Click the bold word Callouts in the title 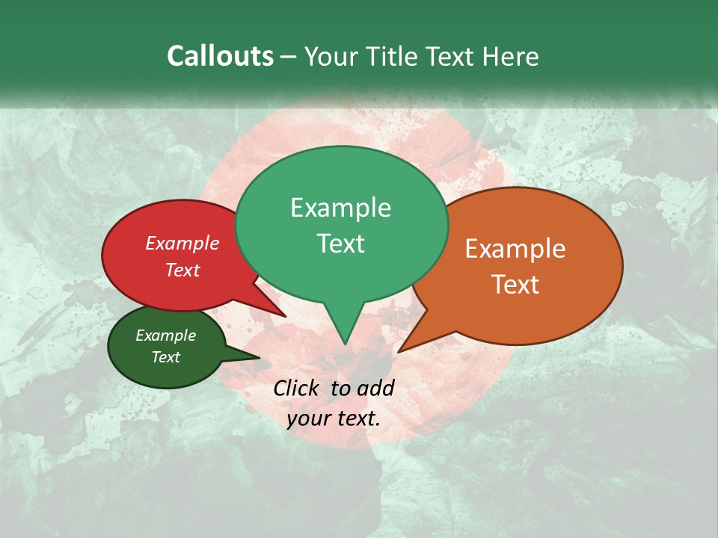pos(220,56)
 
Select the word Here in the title pos(512,56)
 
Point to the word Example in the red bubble pos(182,243)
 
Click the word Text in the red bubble pos(182,270)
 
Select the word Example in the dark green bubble pos(165,336)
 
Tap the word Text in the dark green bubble pos(165,357)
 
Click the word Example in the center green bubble pos(340,208)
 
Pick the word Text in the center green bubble pos(340,244)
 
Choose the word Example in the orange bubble pos(515,249)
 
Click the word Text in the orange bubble pos(515,285)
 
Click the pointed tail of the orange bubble pos(404,347)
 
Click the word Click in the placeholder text pos(298,388)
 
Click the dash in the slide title pos(289,56)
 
